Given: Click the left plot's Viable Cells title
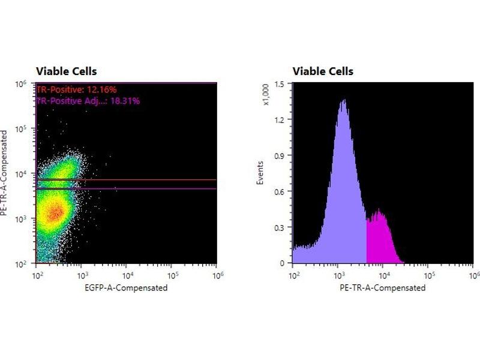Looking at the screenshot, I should (66, 71).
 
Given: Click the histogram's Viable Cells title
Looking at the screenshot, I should (323, 71).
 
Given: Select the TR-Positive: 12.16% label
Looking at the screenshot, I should (76, 89).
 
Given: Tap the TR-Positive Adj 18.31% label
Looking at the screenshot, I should (88, 101).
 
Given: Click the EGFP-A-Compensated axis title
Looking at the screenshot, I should (127, 287).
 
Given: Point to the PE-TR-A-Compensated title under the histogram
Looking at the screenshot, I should (383, 287).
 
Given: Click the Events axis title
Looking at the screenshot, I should (260, 172).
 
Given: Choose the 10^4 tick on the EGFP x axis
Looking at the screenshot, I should (127, 275).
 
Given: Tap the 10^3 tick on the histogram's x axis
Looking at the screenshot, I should (339, 275).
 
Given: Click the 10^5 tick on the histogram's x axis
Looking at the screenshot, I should (429, 275).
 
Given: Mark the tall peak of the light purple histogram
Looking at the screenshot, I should (343, 102).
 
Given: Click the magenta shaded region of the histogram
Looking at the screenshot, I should (380, 240).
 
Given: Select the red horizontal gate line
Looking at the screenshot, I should (150, 179).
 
